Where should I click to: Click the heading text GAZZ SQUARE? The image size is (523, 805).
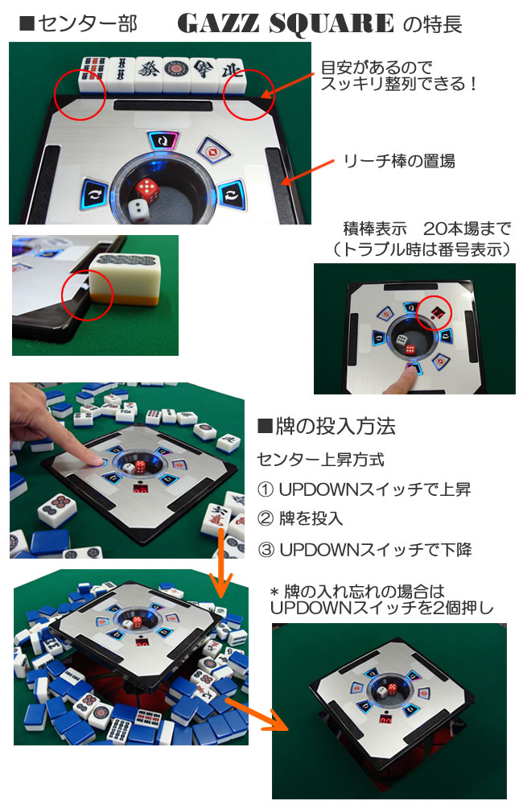pyautogui.click(x=286, y=23)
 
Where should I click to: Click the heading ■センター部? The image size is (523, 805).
pyautogui.click(x=78, y=23)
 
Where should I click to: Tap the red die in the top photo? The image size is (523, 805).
pyautogui.click(x=147, y=189)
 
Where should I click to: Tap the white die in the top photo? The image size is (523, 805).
pyautogui.click(x=138, y=210)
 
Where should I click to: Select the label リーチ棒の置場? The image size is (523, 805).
pyautogui.click(x=399, y=161)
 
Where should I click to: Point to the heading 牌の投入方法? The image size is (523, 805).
pyautogui.click(x=327, y=426)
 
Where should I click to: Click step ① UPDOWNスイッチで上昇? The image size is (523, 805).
pyautogui.click(x=364, y=489)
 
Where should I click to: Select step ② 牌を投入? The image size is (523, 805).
pyautogui.click(x=300, y=518)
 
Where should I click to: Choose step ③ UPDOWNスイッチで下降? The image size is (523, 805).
pyautogui.click(x=364, y=550)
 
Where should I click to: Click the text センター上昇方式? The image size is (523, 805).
pyautogui.click(x=320, y=460)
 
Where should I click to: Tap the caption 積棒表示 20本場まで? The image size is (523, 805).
pyautogui.click(x=427, y=229)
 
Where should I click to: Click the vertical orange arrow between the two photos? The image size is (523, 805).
pyautogui.click(x=221, y=563)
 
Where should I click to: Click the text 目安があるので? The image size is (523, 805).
pyautogui.click(x=377, y=67)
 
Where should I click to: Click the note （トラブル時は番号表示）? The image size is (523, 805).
pyautogui.click(x=421, y=250)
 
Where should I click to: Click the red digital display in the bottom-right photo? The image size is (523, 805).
pyautogui.click(x=385, y=720)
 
